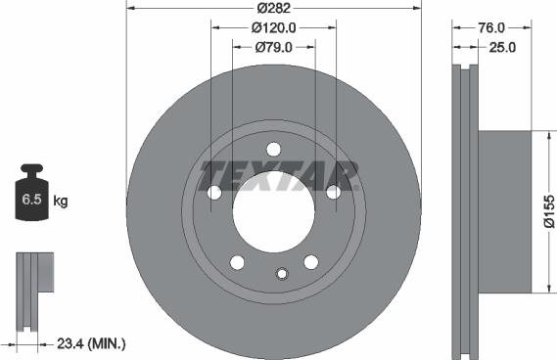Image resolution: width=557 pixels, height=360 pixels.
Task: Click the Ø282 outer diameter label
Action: click(273, 8)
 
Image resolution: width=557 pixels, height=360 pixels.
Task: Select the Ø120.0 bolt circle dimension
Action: click(273, 27)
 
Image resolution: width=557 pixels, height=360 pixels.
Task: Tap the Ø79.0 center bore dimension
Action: click(273, 47)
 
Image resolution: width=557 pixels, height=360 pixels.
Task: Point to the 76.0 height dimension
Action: click(491, 27)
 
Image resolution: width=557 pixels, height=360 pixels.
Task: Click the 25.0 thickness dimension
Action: click(502, 47)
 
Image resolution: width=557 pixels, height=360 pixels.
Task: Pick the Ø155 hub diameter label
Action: click(549, 211)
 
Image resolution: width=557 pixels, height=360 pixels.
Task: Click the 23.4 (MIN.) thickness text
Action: click(91, 343)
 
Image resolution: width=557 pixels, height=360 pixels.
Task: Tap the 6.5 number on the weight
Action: click(31, 200)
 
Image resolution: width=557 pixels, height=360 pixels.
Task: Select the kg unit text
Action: click(61, 201)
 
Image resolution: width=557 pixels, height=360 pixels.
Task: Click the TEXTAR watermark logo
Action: click(279, 176)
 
